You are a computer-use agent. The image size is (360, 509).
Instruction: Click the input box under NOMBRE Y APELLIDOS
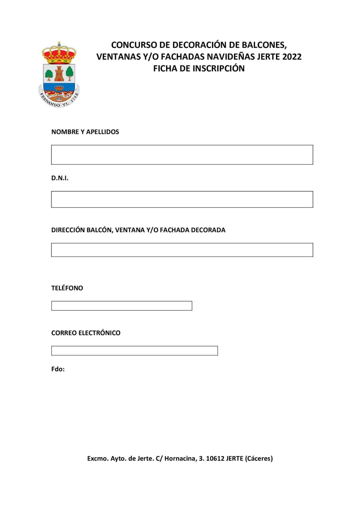[x=182, y=155]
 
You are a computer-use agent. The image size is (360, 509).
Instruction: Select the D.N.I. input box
[x=182, y=199]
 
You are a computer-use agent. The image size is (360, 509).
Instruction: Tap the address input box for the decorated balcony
[x=182, y=250]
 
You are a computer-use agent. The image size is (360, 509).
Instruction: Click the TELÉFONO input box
[x=122, y=306]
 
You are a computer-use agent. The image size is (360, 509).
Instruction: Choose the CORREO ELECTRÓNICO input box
[x=134, y=350]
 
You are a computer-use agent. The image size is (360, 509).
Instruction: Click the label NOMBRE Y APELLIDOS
[x=85, y=132]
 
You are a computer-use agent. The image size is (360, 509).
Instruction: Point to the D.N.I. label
[x=60, y=178]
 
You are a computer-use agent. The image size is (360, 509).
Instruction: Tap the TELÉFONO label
[x=67, y=288]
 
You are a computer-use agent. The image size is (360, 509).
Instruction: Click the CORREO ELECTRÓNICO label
[x=86, y=333]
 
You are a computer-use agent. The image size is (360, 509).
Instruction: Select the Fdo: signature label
[x=58, y=369]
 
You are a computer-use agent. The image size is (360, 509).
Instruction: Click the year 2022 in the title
[x=292, y=57]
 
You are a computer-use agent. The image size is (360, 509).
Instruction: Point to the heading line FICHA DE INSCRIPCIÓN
[x=199, y=68]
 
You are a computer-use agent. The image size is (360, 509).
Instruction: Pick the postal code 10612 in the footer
[x=215, y=458]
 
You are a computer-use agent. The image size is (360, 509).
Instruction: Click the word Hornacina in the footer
[x=180, y=458]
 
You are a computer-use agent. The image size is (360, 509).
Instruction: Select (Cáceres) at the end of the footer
[x=259, y=458]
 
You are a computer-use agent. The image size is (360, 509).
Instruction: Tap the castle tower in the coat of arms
[x=59, y=73]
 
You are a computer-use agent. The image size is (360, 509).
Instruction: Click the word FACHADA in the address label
[x=174, y=230]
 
